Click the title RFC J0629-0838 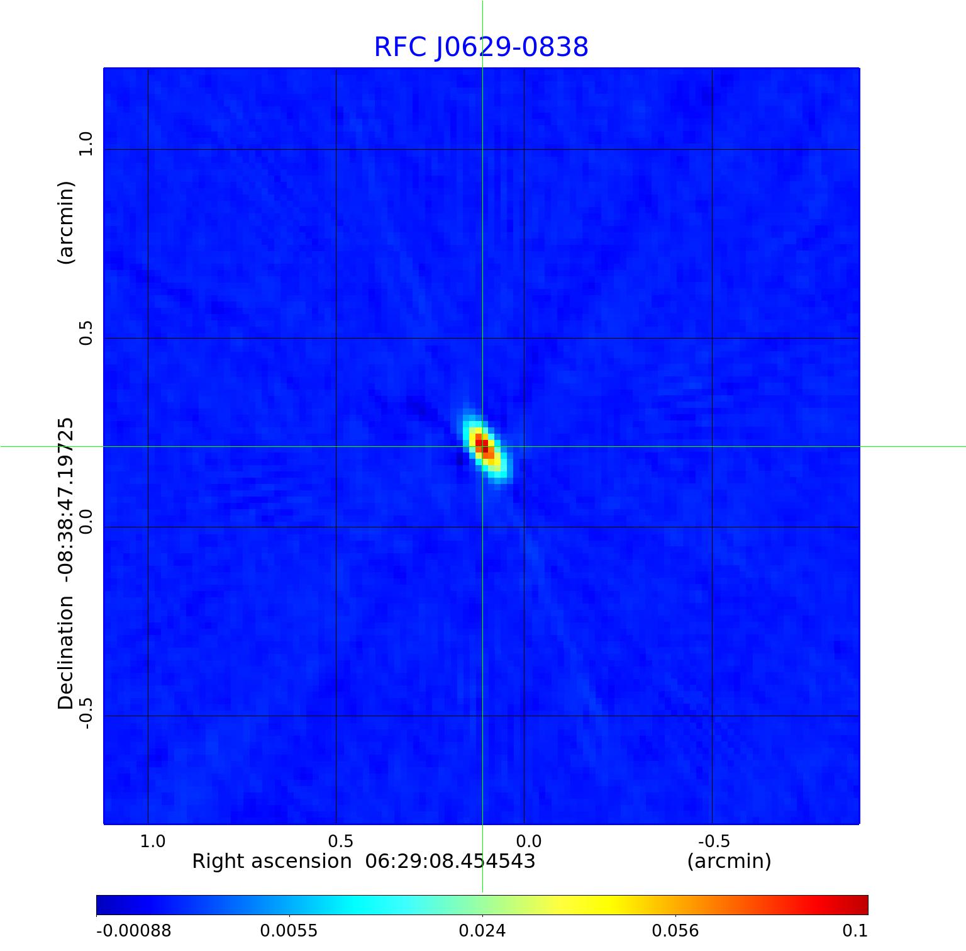point(481,47)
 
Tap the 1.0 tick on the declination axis point(86,143)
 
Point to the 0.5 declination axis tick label point(86,332)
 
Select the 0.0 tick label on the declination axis point(86,521)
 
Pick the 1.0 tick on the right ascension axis point(152,841)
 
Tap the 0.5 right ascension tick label point(340,841)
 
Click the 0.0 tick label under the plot point(528,841)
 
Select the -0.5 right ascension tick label point(714,841)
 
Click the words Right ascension point(272,861)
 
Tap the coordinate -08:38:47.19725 point(66,497)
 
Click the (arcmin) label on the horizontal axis point(729,861)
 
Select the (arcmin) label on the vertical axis point(66,222)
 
